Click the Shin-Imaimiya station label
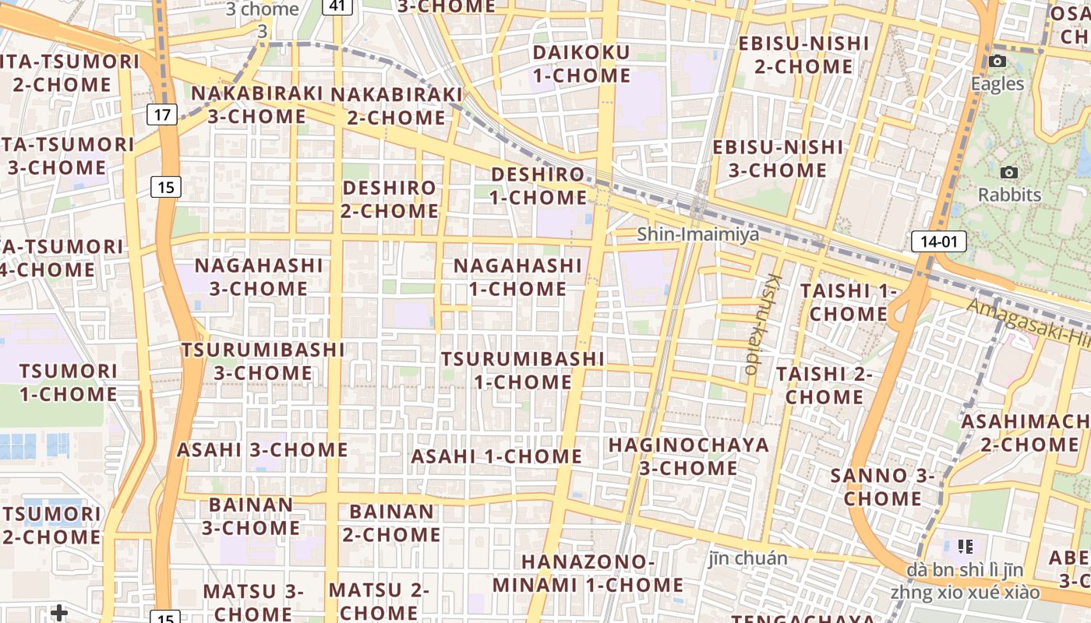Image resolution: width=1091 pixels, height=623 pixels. [x=697, y=234]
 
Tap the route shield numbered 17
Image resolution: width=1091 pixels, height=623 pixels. [x=161, y=115]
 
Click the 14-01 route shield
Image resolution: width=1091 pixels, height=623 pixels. [x=938, y=241]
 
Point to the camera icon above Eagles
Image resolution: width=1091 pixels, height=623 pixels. [x=997, y=62]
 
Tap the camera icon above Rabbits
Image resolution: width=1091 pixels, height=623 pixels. [x=1009, y=172]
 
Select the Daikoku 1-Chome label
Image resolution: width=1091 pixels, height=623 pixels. [x=581, y=65]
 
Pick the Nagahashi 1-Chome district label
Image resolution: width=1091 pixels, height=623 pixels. [x=517, y=277]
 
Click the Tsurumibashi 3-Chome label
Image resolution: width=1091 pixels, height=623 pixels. [x=263, y=361]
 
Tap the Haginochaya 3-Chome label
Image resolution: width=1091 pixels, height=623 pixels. [x=688, y=456]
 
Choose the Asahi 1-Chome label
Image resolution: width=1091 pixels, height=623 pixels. [x=496, y=456]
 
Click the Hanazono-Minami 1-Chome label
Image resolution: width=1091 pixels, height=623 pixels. [x=588, y=573]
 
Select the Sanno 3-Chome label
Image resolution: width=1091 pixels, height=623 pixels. [x=882, y=487]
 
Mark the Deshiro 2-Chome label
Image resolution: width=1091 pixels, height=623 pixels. [x=390, y=199]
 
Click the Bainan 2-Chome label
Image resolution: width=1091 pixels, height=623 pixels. [x=391, y=523]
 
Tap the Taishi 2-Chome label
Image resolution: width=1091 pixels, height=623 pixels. [x=824, y=385]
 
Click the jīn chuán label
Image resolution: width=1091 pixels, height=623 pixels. [x=748, y=558]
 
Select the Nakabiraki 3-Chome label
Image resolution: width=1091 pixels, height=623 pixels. [x=257, y=104]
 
